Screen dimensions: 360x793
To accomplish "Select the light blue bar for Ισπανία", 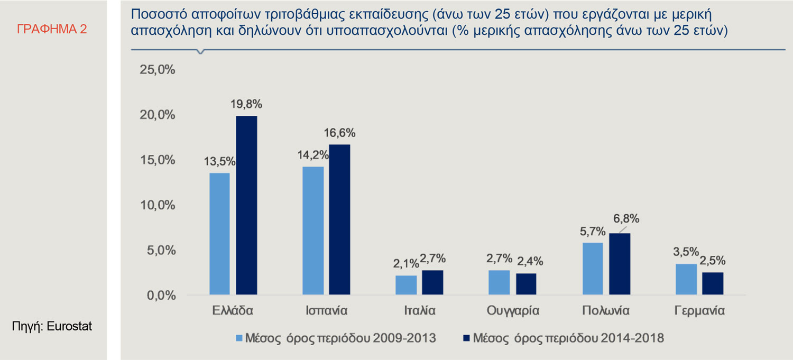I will coord(313,230).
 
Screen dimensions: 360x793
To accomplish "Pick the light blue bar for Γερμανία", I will coord(686,279).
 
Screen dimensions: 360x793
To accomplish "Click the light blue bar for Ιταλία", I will coord(406,285).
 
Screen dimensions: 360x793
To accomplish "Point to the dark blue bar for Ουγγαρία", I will coord(525,284).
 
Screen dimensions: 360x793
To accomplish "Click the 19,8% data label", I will coord(246,105).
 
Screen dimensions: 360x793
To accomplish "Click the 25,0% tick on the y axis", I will coord(156,70).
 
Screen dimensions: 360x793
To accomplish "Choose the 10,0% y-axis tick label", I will coord(156,205).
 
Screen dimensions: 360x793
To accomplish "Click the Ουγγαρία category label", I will coord(512,310).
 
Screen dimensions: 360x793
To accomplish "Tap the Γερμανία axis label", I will coord(699,310).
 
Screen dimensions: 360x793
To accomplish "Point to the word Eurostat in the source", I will coord(69,327).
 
